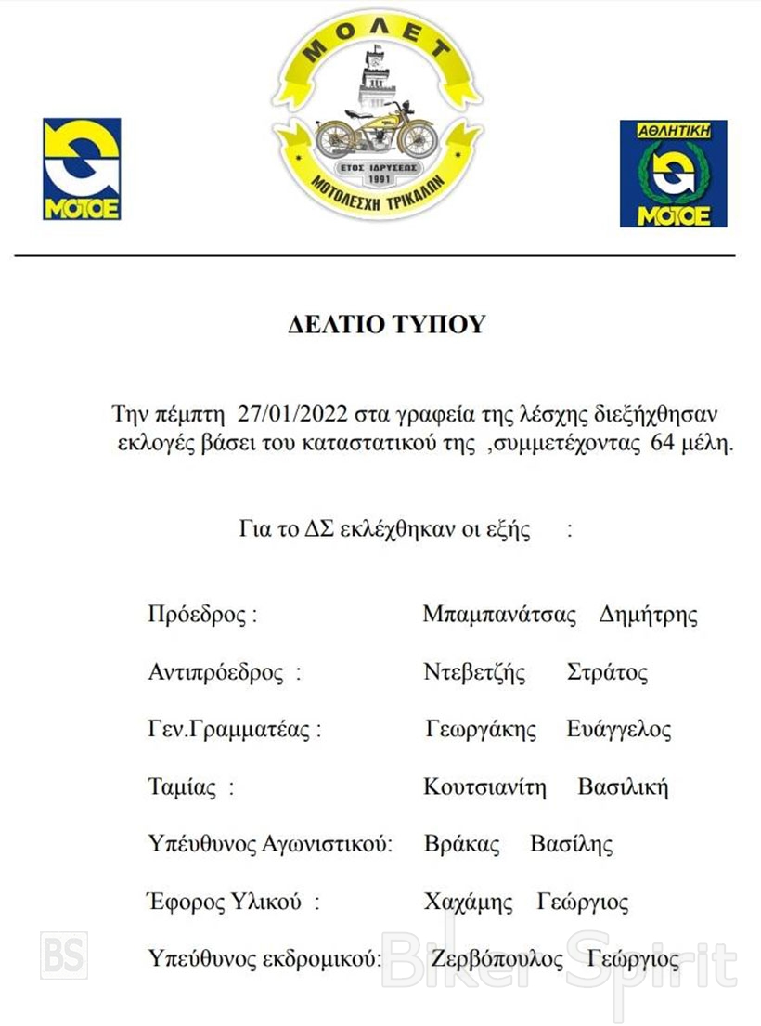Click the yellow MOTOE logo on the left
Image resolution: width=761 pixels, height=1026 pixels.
click(x=82, y=168)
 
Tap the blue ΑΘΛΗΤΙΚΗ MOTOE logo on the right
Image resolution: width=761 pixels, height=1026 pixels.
click(x=673, y=174)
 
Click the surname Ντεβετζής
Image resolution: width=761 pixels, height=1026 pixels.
click(x=474, y=673)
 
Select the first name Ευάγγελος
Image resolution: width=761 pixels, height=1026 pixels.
click(x=619, y=731)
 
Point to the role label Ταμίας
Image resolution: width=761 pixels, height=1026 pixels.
click(x=183, y=788)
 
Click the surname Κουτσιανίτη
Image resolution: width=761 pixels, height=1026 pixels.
click(x=485, y=788)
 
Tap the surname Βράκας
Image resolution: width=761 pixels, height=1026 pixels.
click(x=461, y=845)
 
